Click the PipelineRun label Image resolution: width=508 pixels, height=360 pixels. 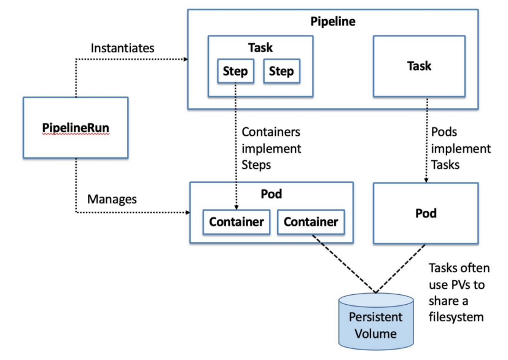[x=76, y=128]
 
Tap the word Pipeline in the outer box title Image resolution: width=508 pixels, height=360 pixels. [x=333, y=22]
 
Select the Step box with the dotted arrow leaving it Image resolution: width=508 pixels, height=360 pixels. [x=235, y=71]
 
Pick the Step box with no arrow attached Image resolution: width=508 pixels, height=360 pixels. [x=281, y=71]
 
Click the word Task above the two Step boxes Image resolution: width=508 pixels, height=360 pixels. [x=260, y=48]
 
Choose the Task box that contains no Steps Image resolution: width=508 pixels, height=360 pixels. [x=419, y=66]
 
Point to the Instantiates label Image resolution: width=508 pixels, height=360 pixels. [x=122, y=48]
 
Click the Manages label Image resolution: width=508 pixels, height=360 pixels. [x=112, y=199]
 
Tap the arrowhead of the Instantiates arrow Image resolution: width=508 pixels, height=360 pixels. [x=186, y=60]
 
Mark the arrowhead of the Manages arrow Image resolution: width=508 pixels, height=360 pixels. [x=187, y=213]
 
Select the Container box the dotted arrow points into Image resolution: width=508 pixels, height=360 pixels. [x=236, y=222]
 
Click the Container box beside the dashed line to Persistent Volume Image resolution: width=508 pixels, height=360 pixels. [x=311, y=222]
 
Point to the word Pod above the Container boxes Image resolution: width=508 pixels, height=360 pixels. [x=271, y=194]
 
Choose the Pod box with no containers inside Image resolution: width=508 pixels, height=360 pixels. [x=426, y=213]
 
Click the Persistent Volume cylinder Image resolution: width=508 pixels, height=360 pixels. [x=376, y=321]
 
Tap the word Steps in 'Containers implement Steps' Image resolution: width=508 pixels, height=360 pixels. [x=256, y=165]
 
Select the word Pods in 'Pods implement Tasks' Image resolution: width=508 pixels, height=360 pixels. [x=444, y=132]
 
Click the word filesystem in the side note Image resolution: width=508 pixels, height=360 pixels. [x=456, y=317]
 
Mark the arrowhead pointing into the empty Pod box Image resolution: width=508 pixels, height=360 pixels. [x=426, y=180]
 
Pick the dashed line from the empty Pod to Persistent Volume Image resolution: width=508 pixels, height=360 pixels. [x=400, y=268]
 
